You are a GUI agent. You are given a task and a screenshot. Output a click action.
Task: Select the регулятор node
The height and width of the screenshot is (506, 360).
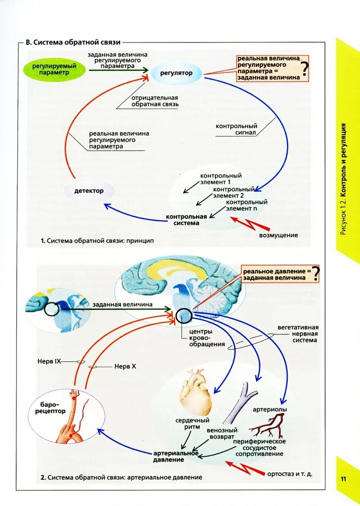click(x=176, y=73)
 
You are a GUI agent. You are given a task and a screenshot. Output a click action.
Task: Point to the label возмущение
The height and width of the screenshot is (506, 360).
click(x=278, y=235)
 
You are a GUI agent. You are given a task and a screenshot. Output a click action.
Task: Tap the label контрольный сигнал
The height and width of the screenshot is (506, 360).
click(x=236, y=130)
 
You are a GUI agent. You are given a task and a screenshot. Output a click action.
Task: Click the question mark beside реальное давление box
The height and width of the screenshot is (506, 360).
click(x=315, y=273)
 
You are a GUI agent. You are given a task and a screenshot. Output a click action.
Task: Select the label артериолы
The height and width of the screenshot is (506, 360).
click(x=270, y=409)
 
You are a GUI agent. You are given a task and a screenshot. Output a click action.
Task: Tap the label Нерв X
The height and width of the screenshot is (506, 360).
click(x=124, y=366)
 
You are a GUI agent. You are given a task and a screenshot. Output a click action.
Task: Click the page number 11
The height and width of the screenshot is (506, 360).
click(x=344, y=479)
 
